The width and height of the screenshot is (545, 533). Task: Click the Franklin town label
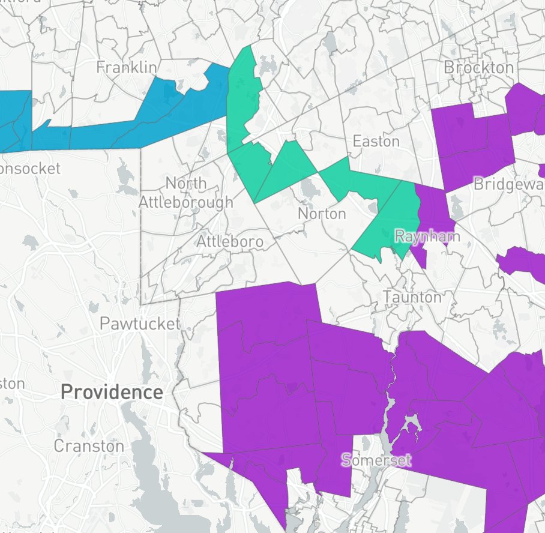pos(126,67)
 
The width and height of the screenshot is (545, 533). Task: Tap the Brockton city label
pos(478,67)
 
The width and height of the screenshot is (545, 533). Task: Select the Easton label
pos(376,142)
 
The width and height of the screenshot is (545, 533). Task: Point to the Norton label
pos(322,214)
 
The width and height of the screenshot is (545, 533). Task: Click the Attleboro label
pos(230,242)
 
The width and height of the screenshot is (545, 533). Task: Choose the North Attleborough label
pos(185,193)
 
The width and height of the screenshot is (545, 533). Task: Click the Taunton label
pos(412,297)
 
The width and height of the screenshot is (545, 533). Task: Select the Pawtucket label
pos(139,324)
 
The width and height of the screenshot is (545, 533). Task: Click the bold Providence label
pos(112,393)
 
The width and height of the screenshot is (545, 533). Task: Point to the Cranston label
pos(89,446)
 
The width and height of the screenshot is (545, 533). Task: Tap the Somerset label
pos(376,460)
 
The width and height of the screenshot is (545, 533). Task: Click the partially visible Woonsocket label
pos(30,169)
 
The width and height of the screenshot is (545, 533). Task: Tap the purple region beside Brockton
pos(474,144)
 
